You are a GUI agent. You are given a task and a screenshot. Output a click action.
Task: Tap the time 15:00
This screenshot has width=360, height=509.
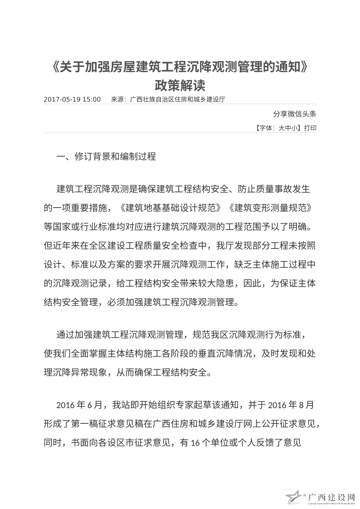tap(91, 99)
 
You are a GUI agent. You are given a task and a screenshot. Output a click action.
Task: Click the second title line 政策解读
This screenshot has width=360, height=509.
tap(180, 85)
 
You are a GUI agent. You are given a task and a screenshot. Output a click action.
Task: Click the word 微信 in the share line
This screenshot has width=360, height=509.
tap(295, 114)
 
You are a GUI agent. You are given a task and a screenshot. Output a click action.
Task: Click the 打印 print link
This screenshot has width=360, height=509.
tap(310, 128)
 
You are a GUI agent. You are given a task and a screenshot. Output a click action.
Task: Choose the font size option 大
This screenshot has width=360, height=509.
tap(282, 128)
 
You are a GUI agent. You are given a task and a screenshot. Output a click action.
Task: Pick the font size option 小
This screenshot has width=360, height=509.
tap(294, 128)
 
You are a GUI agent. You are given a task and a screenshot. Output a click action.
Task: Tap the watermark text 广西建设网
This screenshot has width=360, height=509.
tap(331, 496)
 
